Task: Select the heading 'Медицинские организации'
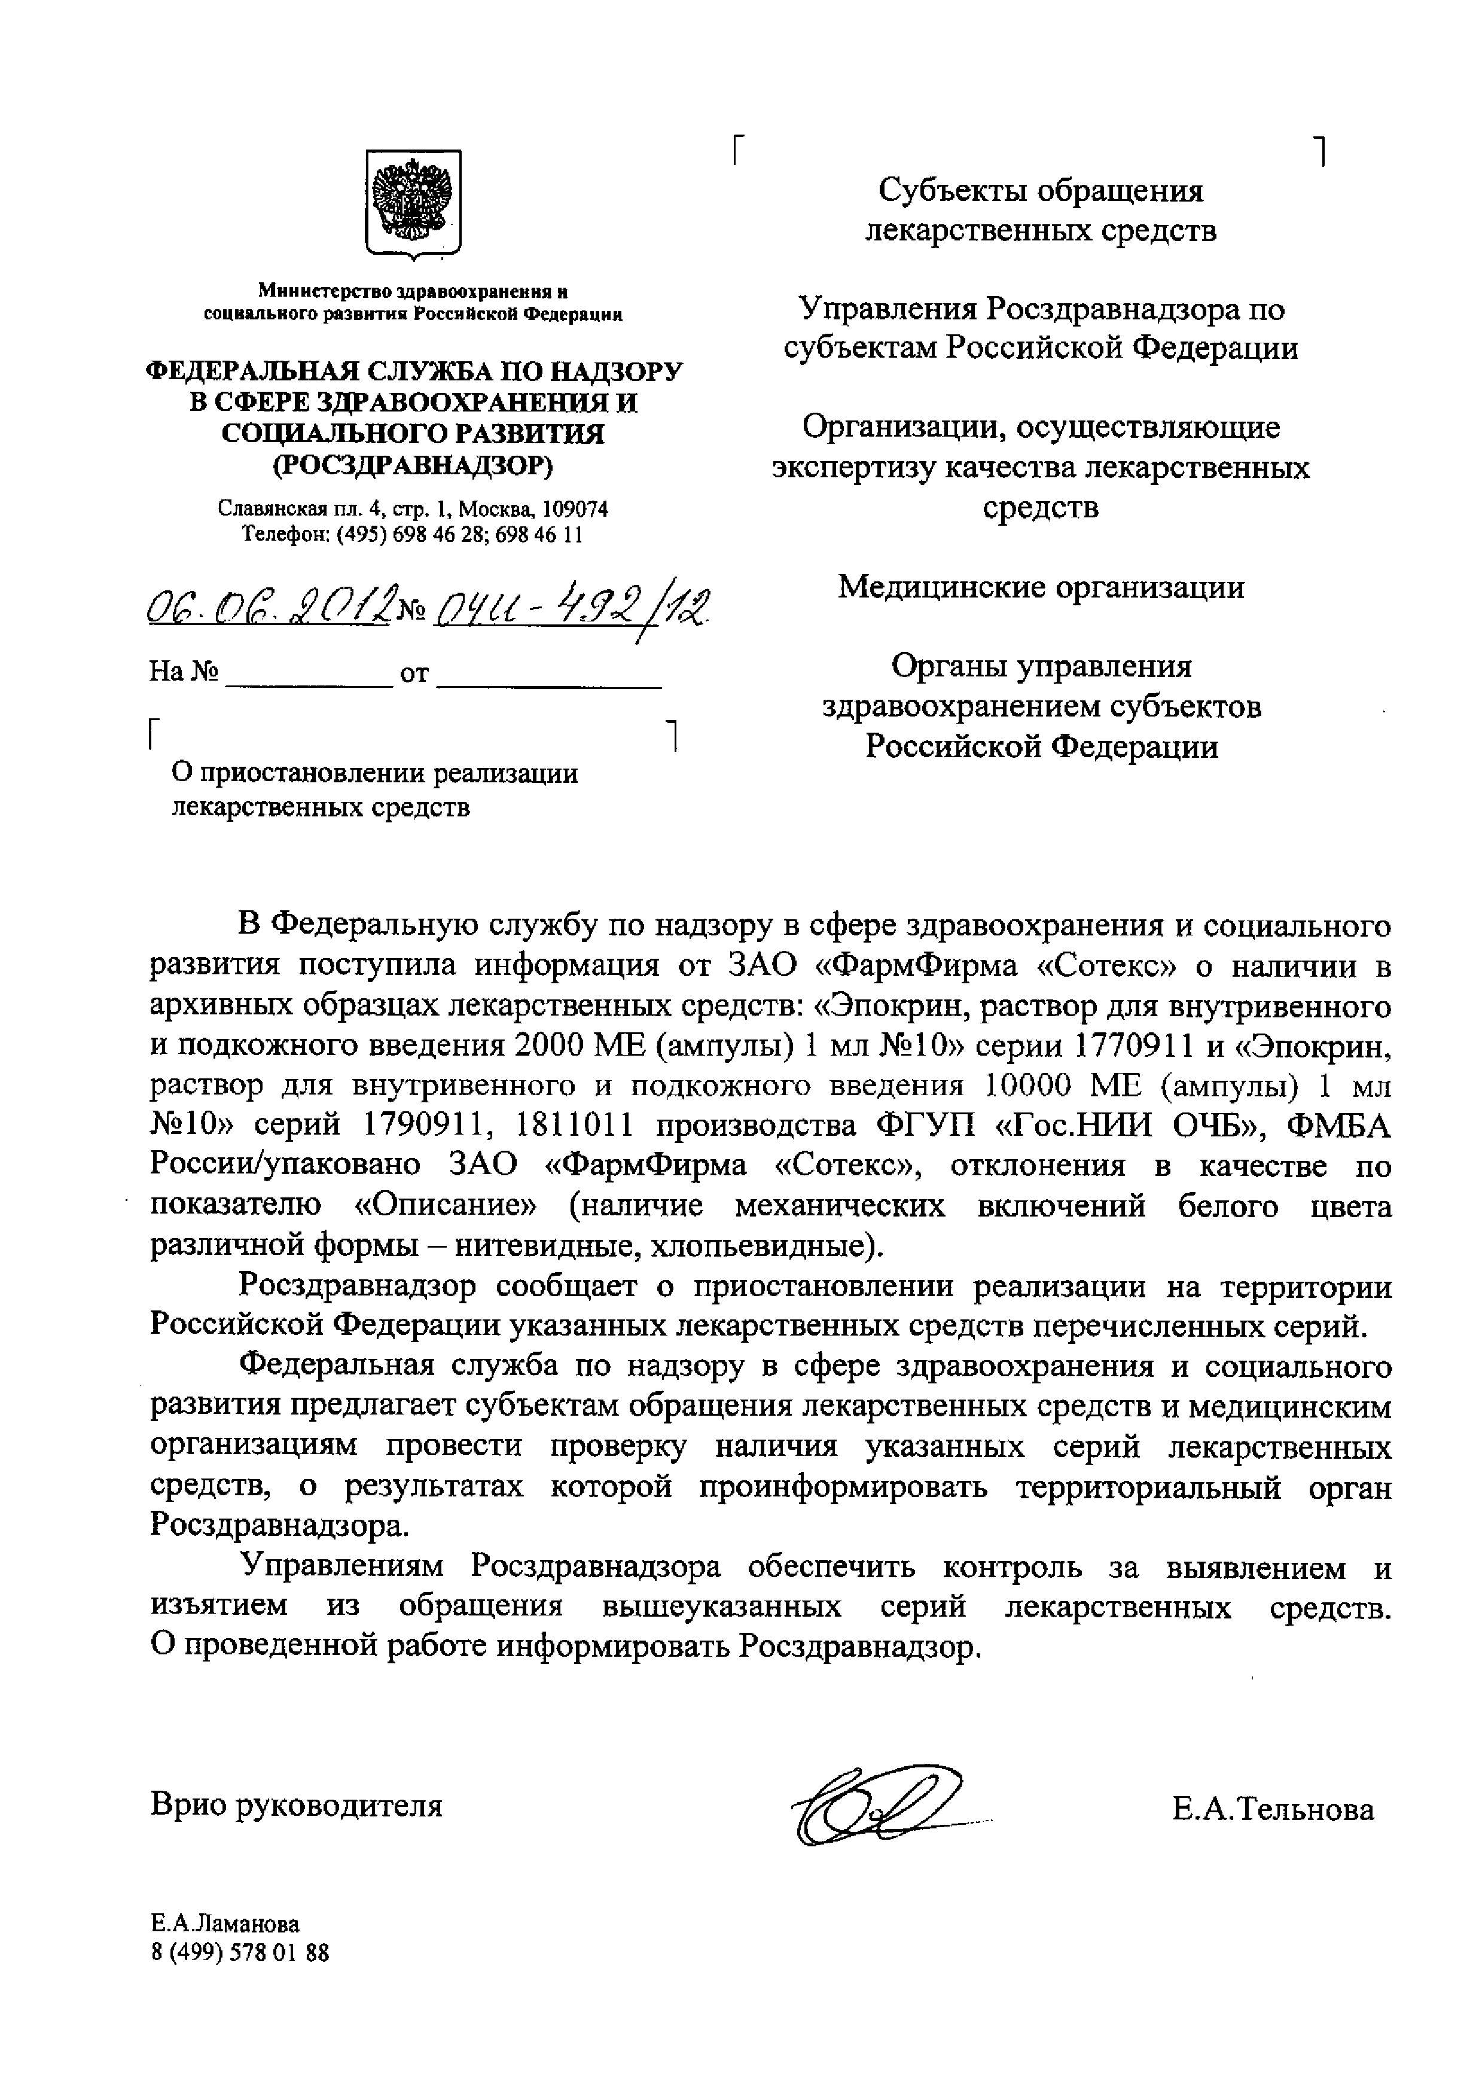(x=1041, y=588)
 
